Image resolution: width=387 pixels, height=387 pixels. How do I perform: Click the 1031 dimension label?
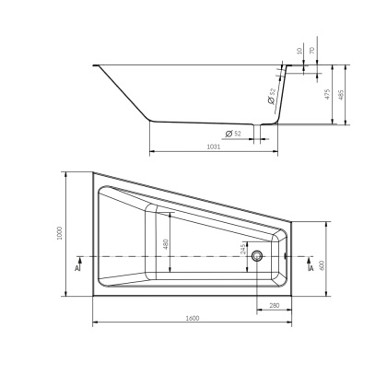213,146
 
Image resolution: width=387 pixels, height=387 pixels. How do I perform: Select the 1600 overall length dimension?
192,318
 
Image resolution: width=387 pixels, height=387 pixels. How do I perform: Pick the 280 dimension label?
274,305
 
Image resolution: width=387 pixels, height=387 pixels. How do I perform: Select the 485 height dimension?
345,94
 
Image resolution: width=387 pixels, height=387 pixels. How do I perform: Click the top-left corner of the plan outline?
93,171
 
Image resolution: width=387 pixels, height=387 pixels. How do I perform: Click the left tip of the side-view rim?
95,64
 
